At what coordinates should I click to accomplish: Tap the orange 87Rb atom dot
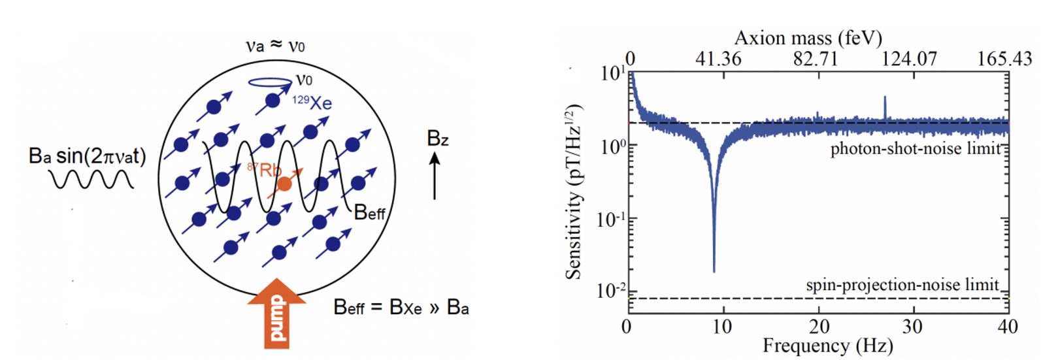[284, 184]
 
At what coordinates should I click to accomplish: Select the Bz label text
[437, 139]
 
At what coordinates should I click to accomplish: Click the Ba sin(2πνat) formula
[88, 156]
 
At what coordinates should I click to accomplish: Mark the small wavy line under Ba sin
[93, 179]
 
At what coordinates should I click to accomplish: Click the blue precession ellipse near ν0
[271, 82]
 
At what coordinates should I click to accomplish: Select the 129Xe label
[312, 103]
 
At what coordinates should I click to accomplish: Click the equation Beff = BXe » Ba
[401, 307]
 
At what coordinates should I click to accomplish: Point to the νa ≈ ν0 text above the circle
[274, 46]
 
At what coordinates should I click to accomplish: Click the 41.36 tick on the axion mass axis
[718, 59]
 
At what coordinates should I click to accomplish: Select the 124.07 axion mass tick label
[909, 59]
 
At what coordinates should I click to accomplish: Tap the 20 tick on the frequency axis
[818, 326]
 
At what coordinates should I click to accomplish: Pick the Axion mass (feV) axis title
[808, 38]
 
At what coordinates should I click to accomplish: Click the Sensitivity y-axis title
[574, 191]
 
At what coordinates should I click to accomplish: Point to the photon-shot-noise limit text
[915, 149]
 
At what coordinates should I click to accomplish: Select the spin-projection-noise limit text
[902, 285]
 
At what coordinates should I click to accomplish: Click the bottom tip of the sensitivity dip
[714, 271]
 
